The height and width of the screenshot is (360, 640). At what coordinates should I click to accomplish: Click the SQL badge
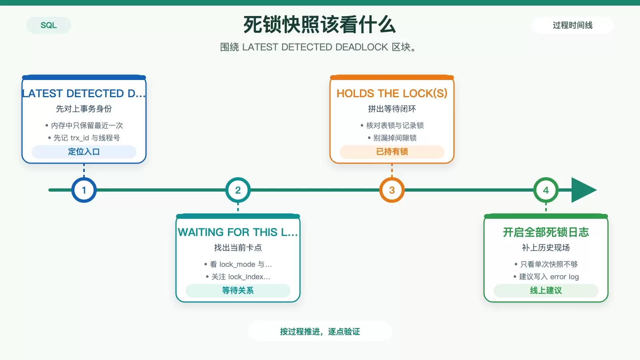[48, 25]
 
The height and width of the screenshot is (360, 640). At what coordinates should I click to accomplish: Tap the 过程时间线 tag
[572, 25]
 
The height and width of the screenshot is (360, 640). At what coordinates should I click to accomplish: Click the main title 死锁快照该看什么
[320, 24]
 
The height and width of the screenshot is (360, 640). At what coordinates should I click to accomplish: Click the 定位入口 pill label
[84, 152]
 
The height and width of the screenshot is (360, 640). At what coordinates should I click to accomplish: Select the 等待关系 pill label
[238, 290]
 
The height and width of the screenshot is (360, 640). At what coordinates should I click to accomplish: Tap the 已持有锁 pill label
[392, 152]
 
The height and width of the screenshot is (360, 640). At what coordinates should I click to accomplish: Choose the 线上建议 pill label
[546, 290]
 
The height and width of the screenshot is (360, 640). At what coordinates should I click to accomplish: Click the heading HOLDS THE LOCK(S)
[392, 94]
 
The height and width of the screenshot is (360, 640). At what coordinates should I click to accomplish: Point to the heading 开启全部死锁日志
[546, 232]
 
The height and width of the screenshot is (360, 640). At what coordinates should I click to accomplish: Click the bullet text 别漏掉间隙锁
[395, 138]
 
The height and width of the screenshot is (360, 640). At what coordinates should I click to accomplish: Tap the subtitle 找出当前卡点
[238, 248]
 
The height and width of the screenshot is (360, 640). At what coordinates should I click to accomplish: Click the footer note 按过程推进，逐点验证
[320, 332]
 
